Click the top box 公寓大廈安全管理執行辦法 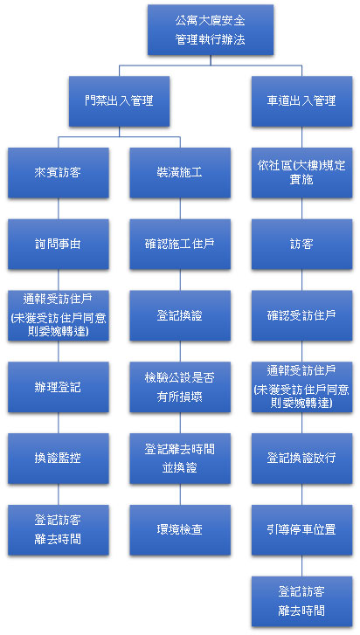tap(211, 30)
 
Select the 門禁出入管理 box tap(119, 101)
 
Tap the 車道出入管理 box tap(301, 101)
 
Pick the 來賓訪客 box tap(59, 173)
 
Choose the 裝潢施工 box tap(180, 173)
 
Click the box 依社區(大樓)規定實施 tap(301, 173)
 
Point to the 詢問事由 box tap(59, 245)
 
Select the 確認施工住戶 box tap(180, 245)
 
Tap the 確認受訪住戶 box tap(301, 315)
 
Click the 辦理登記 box tap(59, 387)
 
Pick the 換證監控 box tap(59, 459)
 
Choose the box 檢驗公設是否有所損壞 tap(180, 387)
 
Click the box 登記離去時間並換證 tap(180, 459)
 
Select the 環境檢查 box tap(180, 529)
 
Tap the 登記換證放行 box tap(301, 459)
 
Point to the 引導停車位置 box tap(301, 529)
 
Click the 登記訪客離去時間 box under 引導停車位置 tap(301, 602)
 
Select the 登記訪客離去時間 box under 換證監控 tap(59, 529)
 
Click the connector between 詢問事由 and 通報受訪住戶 tap(59, 280)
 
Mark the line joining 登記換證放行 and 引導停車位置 tap(301, 494)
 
